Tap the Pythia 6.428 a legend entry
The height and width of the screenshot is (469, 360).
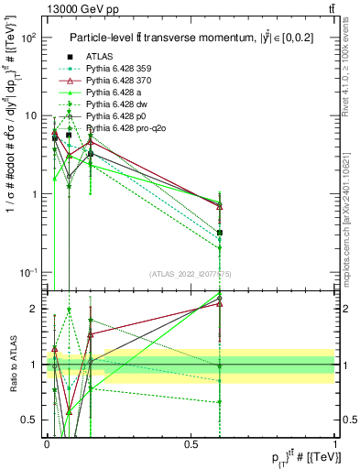pyautogui.click(x=114, y=92)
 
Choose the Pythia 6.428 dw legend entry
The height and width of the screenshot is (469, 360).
pyautogui.click(x=116, y=104)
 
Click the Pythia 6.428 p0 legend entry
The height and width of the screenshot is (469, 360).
pyautogui.click(x=115, y=116)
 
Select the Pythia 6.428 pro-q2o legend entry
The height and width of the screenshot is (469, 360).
pyautogui.click(x=124, y=129)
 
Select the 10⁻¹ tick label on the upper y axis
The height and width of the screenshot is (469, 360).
pyautogui.click(x=27, y=273)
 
